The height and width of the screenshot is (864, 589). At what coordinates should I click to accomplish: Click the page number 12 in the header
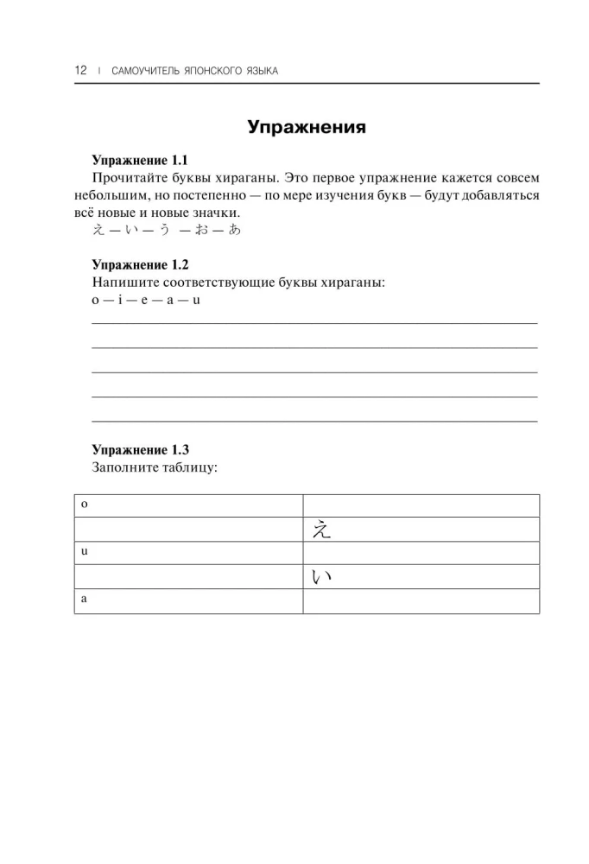pyautogui.click(x=80, y=70)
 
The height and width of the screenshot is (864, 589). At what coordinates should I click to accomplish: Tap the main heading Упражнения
pyautogui.click(x=307, y=127)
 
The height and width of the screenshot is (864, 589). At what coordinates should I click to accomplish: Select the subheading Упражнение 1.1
pyautogui.click(x=139, y=161)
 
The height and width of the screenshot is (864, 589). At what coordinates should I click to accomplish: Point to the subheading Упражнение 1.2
pyautogui.click(x=139, y=264)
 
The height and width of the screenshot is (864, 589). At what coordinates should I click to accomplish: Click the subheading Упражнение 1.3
pyautogui.click(x=139, y=449)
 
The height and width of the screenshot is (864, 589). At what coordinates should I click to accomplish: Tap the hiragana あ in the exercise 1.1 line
pyautogui.click(x=234, y=231)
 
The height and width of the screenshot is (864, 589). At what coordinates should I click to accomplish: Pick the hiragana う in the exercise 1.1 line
pyautogui.click(x=164, y=231)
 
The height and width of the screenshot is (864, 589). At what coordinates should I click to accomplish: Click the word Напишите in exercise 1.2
pyautogui.click(x=123, y=283)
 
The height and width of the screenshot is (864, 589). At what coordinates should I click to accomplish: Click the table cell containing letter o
pyautogui.click(x=188, y=505)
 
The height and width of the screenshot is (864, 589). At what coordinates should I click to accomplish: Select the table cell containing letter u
pyautogui.click(x=188, y=552)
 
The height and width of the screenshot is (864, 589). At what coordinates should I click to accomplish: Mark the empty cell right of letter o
pyautogui.click(x=421, y=505)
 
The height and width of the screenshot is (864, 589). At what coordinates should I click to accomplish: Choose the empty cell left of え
pyautogui.click(x=188, y=529)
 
